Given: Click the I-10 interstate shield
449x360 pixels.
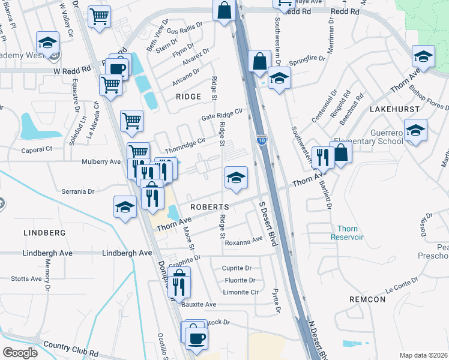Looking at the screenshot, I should point(262,140).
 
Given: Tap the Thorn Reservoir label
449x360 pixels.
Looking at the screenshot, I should point(348,233).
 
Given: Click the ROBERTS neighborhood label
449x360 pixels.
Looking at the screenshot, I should point(211,206).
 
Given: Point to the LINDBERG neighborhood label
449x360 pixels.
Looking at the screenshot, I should point(44,232).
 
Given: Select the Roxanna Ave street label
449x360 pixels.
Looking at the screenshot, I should point(244,239).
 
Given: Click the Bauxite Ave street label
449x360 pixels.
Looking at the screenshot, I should point(199,304).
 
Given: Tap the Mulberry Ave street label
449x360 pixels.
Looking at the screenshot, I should point(101,161).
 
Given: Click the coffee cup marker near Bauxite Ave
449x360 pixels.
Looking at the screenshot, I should point(196,337).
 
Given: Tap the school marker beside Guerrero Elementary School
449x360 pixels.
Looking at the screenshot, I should point(415,131).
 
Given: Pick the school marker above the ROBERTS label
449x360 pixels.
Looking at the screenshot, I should point(236,177).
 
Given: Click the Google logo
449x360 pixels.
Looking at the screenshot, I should point(20,353).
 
